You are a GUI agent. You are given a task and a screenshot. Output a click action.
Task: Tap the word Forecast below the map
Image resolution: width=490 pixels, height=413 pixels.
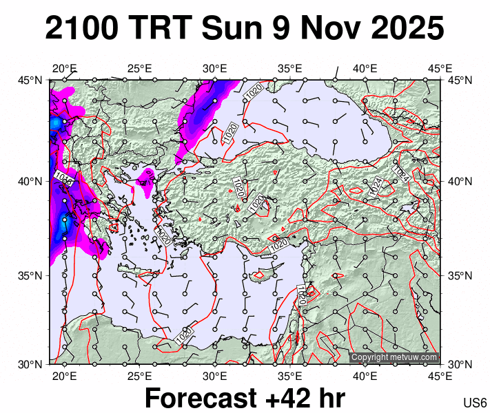(214, 399)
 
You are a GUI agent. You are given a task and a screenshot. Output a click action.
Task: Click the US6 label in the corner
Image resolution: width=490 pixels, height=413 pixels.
(476, 403)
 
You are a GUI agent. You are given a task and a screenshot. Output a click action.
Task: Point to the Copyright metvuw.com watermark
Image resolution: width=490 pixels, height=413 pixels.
(394, 357)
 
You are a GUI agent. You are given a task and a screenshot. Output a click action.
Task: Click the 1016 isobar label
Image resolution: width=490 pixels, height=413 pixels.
(64, 179)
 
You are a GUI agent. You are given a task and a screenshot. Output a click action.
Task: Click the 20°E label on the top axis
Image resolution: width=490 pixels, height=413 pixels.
(64, 68)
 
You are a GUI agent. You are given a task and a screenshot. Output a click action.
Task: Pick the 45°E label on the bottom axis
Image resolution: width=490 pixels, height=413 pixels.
(440, 376)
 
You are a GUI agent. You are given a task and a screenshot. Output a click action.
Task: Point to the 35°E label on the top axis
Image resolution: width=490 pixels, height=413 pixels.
(290, 68)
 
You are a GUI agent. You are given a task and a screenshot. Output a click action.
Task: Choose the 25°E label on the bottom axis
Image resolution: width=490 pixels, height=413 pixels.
(139, 376)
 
